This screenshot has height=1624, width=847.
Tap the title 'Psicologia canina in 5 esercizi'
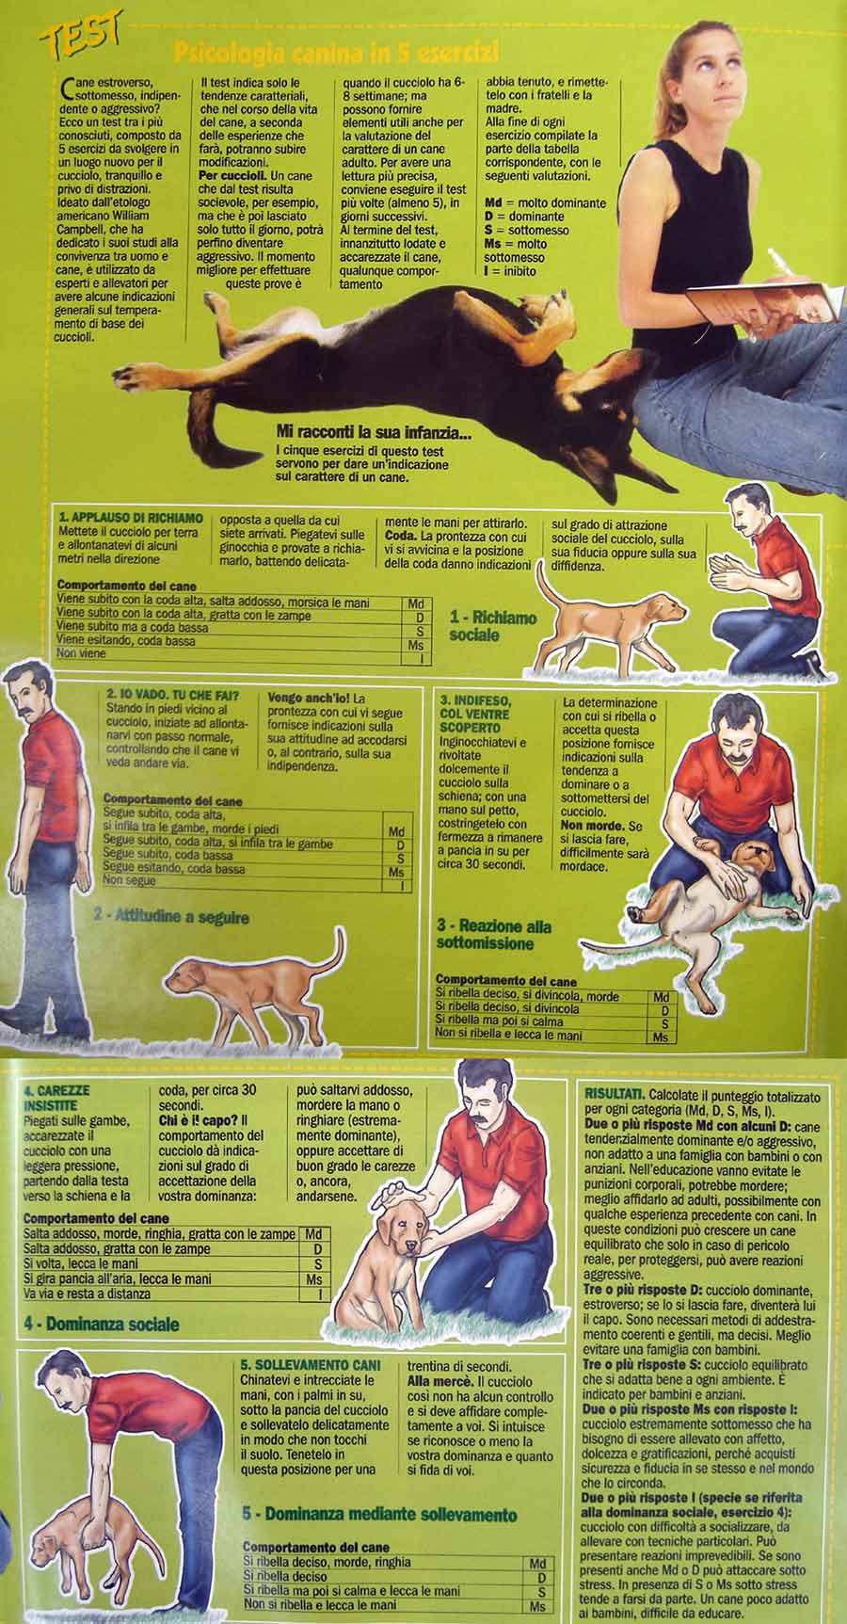pos(337,51)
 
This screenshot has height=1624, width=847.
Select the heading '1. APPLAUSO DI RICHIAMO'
pos(130,518)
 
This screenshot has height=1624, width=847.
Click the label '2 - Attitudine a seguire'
pos(170,914)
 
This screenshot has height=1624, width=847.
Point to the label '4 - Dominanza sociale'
pos(102,1325)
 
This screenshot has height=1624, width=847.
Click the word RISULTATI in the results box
pos(615,1097)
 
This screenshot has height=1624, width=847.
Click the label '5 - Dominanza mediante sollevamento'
pos(379,1515)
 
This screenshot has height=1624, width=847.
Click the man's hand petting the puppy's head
pos(392,1199)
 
